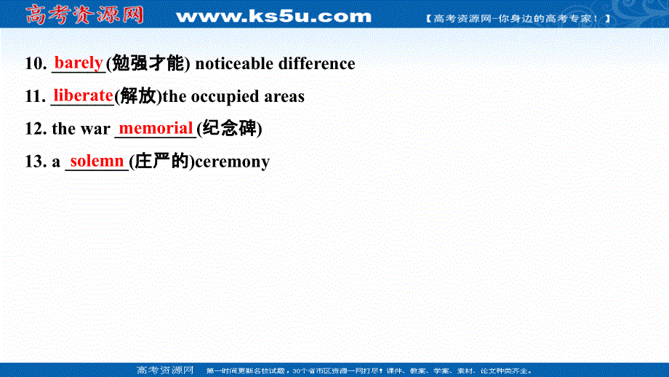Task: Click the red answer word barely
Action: pyautogui.click(x=79, y=62)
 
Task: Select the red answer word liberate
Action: pyautogui.click(x=83, y=95)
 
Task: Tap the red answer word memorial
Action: pyautogui.click(x=156, y=128)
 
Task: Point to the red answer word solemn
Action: pyautogui.click(x=97, y=160)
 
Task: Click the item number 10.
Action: pyautogui.click(x=36, y=64)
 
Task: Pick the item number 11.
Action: pyautogui.click(x=36, y=97)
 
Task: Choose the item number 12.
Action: pyautogui.click(x=36, y=130)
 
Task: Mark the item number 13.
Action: pyautogui.click(x=36, y=162)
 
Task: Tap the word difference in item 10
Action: pyautogui.click(x=318, y=64)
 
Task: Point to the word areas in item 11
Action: pyautogui.click(x=284, y=97)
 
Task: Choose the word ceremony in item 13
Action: pyautogui.click(x=233, y=162)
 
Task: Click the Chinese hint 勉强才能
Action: pyautogui.click(x=148, y=64)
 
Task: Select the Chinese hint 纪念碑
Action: pyautogui.click(x=229, y=130)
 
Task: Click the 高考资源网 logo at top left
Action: pyautogui.click(x=84, y=15)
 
